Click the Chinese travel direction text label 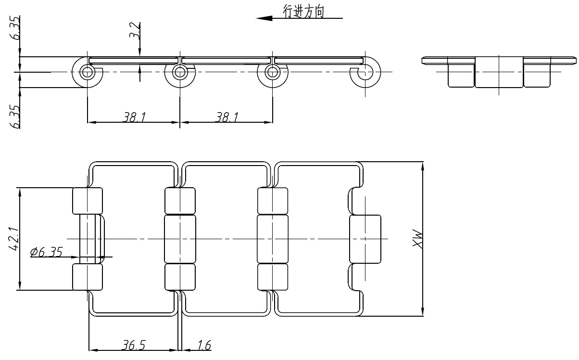304,12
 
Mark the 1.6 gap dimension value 204,346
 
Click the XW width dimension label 417,239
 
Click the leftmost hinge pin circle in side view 87,72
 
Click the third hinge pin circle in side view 273,72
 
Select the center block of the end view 499,72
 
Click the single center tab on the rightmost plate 365,239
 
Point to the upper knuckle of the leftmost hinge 87,201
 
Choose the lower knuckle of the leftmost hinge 87,277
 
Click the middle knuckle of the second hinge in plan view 180,239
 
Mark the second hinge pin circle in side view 180,72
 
